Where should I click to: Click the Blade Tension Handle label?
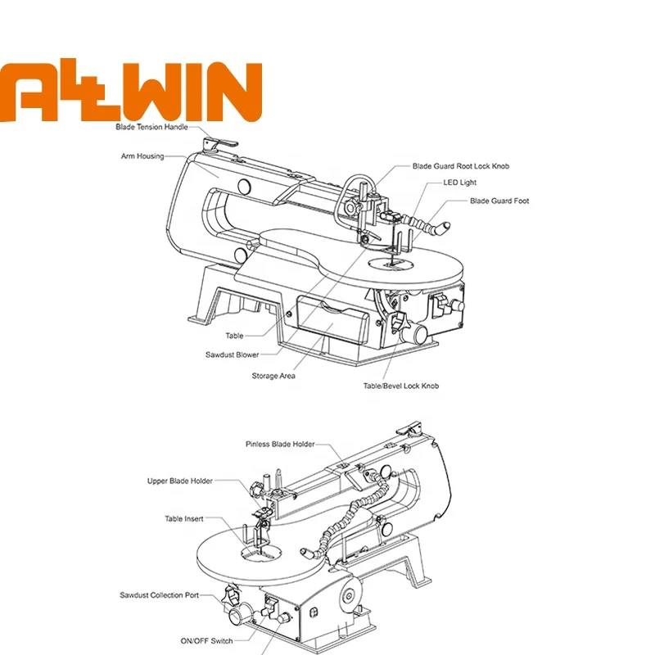151,128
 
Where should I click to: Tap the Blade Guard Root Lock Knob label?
460,165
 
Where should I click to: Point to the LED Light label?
459,183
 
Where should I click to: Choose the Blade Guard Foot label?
499,201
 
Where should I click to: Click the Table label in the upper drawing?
234,336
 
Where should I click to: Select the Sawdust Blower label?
232,355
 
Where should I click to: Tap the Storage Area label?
273,376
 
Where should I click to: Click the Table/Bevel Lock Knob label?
401,386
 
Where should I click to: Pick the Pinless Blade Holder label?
280,445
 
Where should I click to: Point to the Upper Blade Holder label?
179,481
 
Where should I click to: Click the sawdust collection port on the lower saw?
238,612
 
